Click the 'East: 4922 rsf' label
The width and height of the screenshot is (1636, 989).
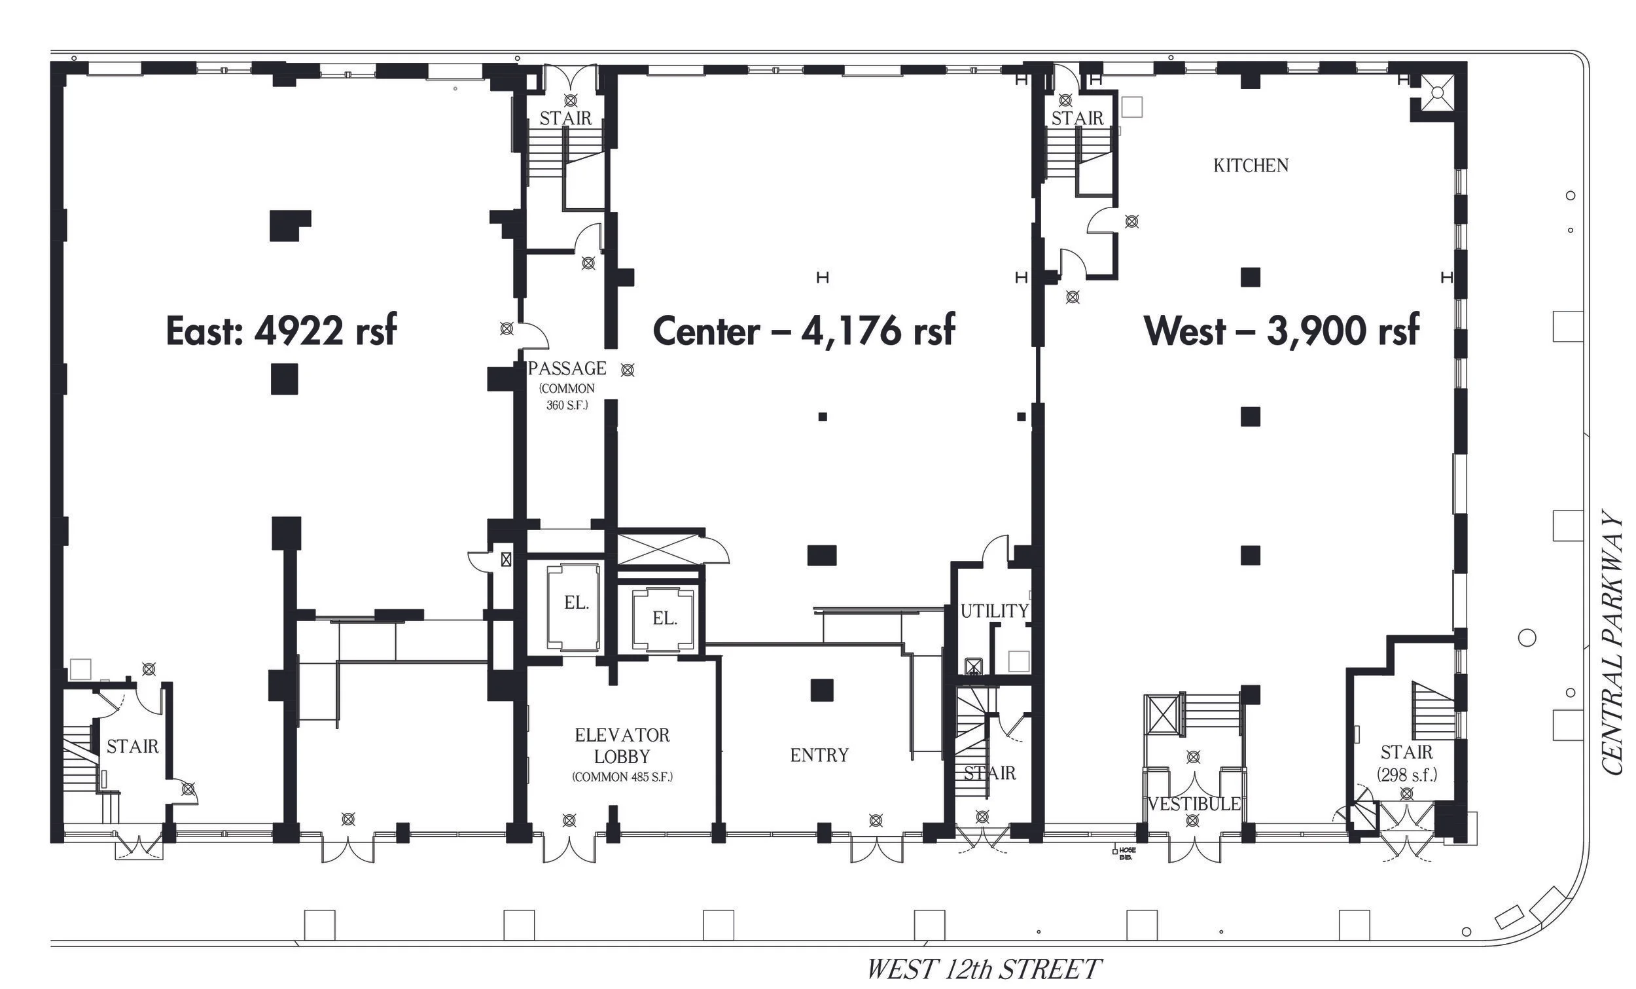tap(281, 330)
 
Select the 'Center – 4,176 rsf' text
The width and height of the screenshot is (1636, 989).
tap(804, 330)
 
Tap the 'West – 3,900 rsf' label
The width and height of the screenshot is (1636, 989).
tap(1281, 330)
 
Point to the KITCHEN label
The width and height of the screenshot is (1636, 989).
tap(1251, 166)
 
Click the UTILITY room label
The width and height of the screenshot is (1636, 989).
tap(995, 611)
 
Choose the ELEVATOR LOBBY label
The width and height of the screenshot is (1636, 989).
tap(622, 746)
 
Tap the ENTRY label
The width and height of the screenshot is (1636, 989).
tap(819, 755)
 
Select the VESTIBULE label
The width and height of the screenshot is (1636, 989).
tap(1194, 804)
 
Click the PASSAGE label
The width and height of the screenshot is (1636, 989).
tap(567, 368)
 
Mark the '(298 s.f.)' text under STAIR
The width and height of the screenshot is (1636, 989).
tap(1407, 774)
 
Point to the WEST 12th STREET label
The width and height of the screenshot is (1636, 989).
tap(984, 969)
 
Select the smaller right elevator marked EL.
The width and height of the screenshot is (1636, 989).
tap(664, 620)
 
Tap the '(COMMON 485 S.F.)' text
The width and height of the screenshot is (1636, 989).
tap(622, 776)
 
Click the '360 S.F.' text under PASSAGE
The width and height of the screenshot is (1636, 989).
tap(567, 405)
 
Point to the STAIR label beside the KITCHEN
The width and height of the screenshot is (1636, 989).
tap(1077, 118)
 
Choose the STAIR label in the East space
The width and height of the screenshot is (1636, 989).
tap(133, 747)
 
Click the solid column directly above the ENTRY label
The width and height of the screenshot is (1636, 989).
tap(822, 690)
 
